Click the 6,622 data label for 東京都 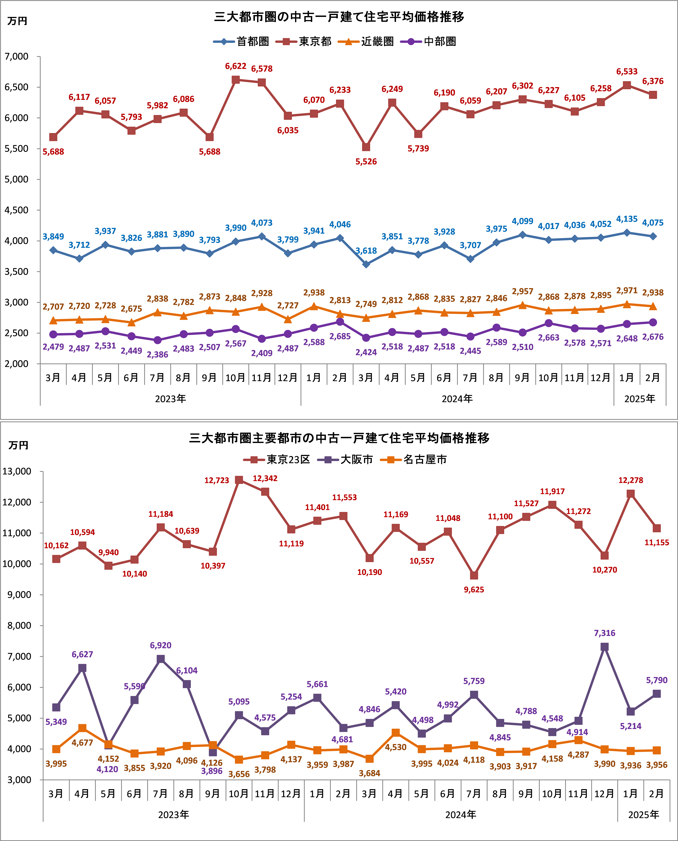235,66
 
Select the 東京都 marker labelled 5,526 366,147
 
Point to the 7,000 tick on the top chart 16,57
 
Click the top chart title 339,17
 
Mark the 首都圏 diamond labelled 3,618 366,264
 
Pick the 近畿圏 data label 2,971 626,290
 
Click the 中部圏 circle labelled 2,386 157,340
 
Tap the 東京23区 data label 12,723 217,480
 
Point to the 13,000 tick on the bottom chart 17,471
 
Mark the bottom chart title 339,438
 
